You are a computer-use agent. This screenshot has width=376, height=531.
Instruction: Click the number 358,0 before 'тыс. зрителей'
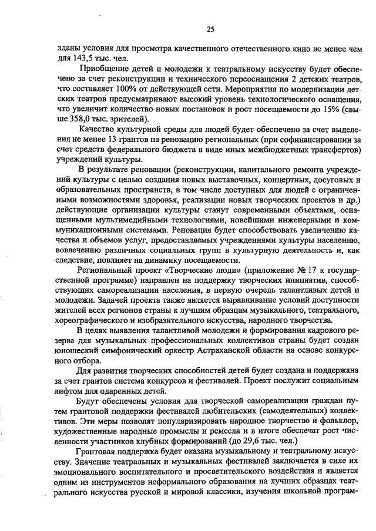(83, 119)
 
